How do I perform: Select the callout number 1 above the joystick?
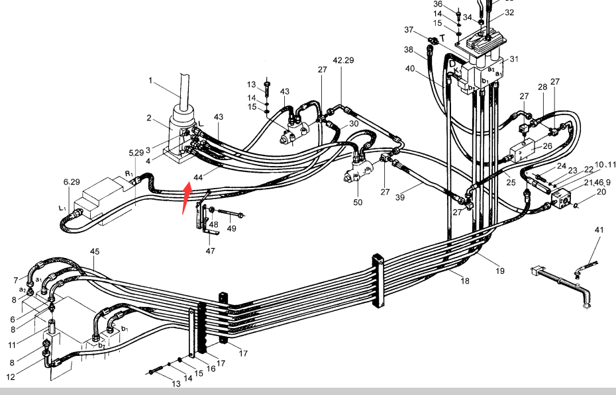click(x=150, y=81)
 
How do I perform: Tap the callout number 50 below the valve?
click(x=358, y=202)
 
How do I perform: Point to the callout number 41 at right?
click(x=599, y=230)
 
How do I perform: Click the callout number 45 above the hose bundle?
click(x=95, y=251)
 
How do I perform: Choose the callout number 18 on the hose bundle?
click(x=465, y=281)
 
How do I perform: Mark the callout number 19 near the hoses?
click(x=499, y=271)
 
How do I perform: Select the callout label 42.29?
click(x=343, y=60)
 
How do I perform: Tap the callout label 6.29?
click(x=72, y=181)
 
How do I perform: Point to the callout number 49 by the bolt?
click(x=231, y=229)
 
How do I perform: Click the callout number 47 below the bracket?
click(x=210, y=251)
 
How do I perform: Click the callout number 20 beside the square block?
click(x=601, y=191)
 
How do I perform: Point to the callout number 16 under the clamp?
click(x=211, y=369)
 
